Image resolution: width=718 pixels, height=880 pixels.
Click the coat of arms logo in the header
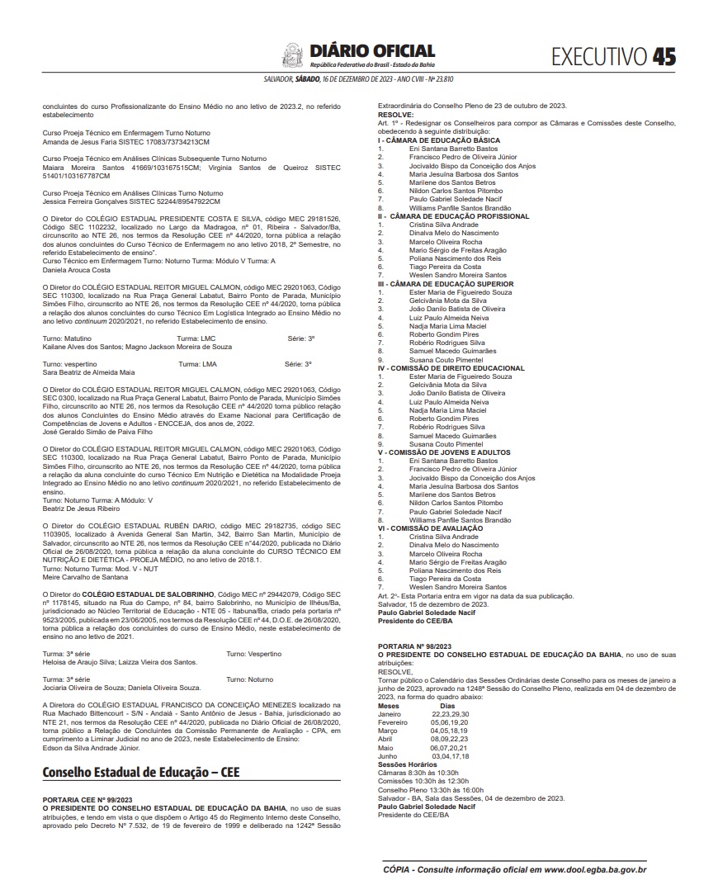pos(293,56)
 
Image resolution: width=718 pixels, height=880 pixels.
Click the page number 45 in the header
pos(664,56)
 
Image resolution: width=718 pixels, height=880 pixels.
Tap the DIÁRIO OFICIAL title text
pos(371,51)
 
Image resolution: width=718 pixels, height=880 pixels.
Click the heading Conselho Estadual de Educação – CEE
pos(141,774)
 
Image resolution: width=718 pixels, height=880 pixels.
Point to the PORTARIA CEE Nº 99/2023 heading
pos(87,800)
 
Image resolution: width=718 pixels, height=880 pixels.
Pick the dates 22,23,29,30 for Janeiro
pos(450,713)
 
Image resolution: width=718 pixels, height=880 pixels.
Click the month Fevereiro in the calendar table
pos(393,721)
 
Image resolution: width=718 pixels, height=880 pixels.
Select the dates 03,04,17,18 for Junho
pos(451,755)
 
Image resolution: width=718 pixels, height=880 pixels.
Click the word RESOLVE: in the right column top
pos(395,115)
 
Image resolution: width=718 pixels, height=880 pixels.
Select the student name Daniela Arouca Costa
pos(76,270)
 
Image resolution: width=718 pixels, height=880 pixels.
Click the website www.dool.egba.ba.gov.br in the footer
pos(594,869)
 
